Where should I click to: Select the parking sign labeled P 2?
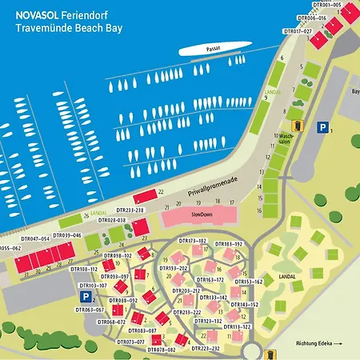84,296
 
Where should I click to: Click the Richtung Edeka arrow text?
315,343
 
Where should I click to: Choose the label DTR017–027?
298,31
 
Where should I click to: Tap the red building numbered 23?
141,228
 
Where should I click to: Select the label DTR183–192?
228,243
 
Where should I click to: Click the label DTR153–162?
248,282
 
